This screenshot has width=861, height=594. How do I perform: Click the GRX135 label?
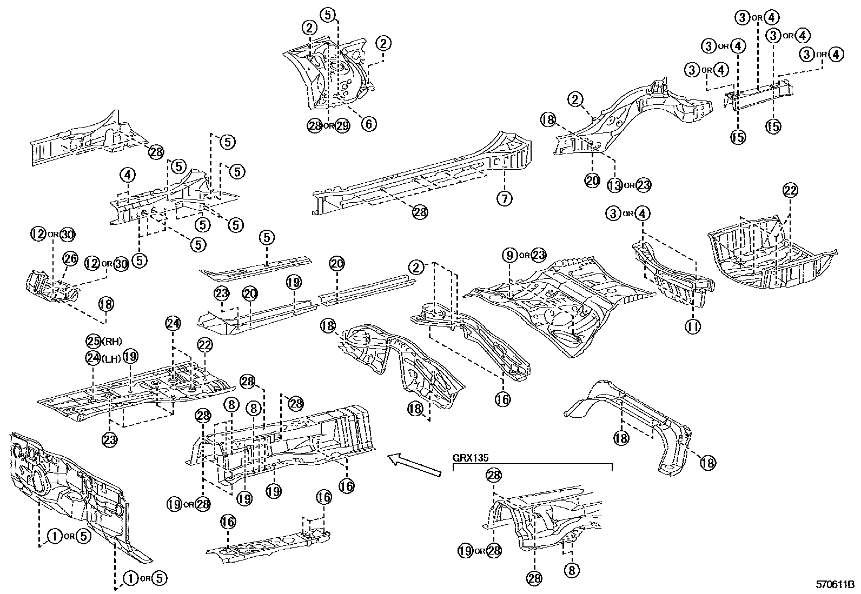pos(471,457)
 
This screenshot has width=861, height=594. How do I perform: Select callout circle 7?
pos(504,199)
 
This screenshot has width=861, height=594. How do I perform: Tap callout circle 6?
pos(368,124)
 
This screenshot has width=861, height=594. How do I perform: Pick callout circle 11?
pos(693,326)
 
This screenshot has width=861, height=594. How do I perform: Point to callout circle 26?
pos(71,259)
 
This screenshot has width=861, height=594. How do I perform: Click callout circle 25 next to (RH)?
pos(94,341)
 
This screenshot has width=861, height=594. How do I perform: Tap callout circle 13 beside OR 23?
pos(614,185)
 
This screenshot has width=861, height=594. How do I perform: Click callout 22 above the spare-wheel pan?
pos(790,190)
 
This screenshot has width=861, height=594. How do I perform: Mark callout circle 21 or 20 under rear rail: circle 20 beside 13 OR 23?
pos(592,181)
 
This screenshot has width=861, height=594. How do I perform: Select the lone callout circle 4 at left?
pos(127,175)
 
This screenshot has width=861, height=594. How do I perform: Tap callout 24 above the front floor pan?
pos(173,323)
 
